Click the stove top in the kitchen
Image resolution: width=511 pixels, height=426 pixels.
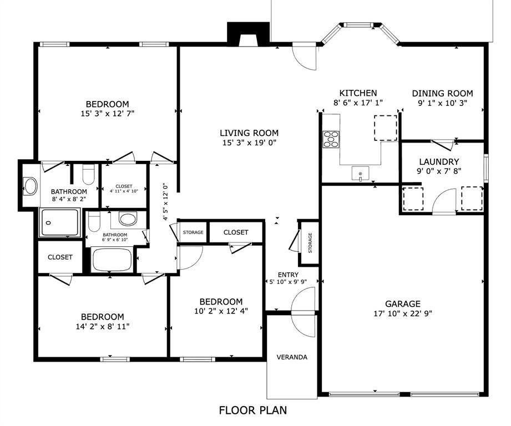coord(331,139)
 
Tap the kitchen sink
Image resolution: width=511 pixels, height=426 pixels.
coord(361,173)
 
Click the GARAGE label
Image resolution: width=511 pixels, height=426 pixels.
coord(403,304)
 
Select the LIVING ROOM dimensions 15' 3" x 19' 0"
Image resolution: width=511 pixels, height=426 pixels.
coord(249,143)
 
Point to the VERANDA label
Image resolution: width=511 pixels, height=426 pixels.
coord(292,357)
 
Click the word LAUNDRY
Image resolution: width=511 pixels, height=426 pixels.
coord(439,161)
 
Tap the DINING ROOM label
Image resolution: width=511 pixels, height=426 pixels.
coord(443,94)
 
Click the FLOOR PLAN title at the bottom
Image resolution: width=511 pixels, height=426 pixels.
coord(253,410)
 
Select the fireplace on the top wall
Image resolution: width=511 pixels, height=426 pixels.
coord(249,33)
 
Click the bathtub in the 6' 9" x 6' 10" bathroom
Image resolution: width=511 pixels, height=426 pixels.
coord(112,260)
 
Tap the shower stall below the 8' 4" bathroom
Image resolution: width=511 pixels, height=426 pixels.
coord(59,222)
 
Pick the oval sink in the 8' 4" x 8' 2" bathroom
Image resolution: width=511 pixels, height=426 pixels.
coord(31,186)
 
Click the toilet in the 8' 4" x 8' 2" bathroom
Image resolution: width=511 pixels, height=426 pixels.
coord(88,174)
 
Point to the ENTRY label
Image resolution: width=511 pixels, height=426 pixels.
coord(288,275)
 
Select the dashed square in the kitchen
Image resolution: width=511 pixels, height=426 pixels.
coord(386,128)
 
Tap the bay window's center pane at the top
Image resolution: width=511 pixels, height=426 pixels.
coord(358,24)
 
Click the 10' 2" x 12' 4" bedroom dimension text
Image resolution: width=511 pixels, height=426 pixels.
coord(221,311)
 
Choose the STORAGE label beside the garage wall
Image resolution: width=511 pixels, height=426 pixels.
coord(310,242)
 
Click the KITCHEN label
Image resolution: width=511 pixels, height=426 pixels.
coord(358,93)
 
